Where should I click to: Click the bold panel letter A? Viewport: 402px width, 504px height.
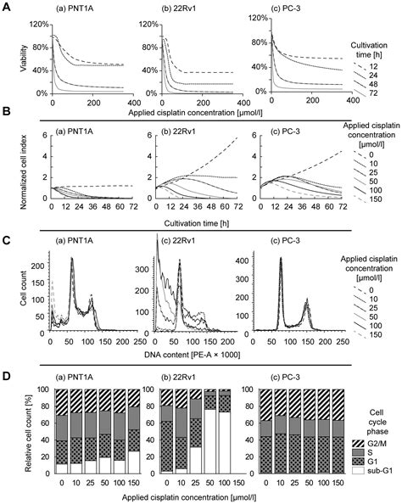click(6, 7)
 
